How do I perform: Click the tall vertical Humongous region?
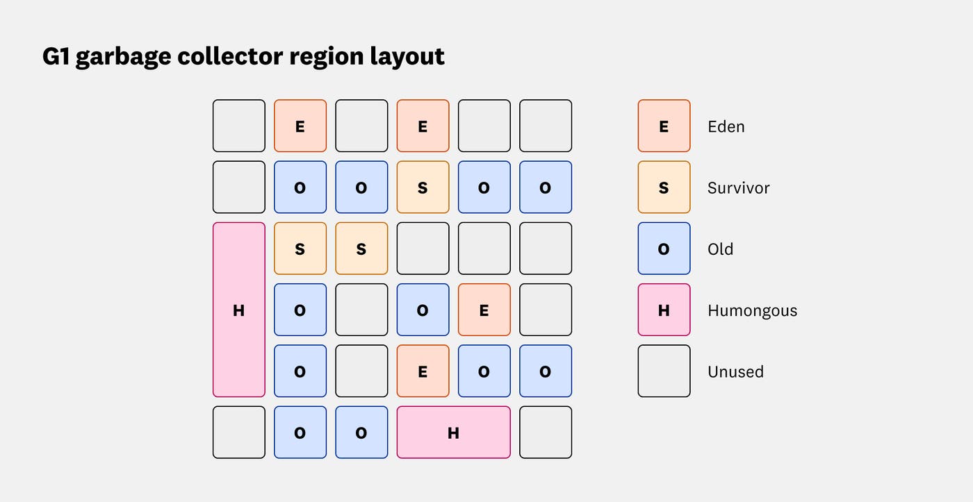pyautogui.click(x=239, y=310)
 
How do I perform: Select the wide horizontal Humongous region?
pyautogui.click(x=453, y=433)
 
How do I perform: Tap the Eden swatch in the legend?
pyautogui.click(x=664, y=126)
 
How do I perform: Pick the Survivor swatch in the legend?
pyautogui.click(x=664, y=187)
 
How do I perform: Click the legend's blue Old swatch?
pyautogui.click(x=664, y=249)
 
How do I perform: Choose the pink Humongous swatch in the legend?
pyautogui.click(x=664, y=310)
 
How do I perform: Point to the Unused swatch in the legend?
pyautogui.click(x=664, y=371)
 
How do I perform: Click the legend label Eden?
pyautogui.click(x=726, y=126)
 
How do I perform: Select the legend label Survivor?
pyautogui.click(x=738, y=187)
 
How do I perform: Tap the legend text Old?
pyautogui.click(x=720, y=249)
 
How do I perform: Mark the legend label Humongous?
pyautogui.click(x=752, y=310)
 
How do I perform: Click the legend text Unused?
pyautogui.click(x=735, y=371)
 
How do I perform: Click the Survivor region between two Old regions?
pyautogui.click(x=423, y=187)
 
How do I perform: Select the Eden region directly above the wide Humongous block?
pyautogui.click(x=423, y=371)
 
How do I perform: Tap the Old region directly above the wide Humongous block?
pyautogui.click(x=484, y=371)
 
